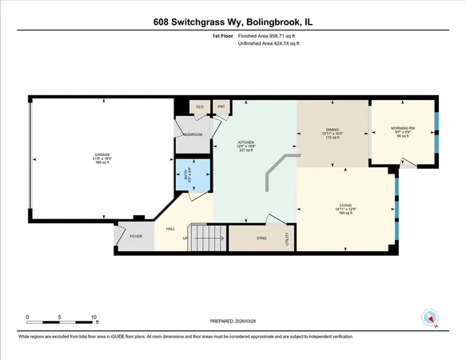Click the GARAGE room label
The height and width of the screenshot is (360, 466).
point(102,154)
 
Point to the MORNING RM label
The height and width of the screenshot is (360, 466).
point(402,129)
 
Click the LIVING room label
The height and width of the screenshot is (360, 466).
point(345,206)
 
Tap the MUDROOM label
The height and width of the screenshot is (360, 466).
point(193,134)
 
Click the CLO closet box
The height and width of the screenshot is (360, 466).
point(199,106)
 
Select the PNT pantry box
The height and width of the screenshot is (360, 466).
point(221,106)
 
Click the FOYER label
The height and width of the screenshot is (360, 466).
point(136,236)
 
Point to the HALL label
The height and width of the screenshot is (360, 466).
point(170,229)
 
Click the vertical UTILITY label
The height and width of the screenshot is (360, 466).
point(287,238)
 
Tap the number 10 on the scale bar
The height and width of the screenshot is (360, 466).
point(94,317)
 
